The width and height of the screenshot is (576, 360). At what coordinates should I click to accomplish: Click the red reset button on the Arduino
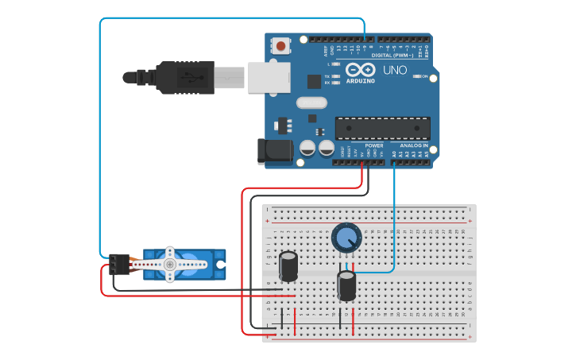281,46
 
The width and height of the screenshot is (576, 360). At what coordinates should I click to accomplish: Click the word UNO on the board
395,70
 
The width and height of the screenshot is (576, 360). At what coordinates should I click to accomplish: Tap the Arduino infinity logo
360,70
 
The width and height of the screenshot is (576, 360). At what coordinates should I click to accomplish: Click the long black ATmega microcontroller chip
382,128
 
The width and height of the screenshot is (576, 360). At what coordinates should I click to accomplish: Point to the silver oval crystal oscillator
311,103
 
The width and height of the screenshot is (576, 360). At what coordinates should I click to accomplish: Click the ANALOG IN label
413,146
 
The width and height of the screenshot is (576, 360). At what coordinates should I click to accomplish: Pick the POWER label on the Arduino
373,146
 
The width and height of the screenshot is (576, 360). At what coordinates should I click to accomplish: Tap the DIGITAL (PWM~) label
391,55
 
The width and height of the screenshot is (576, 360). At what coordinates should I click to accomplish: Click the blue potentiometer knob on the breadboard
346,237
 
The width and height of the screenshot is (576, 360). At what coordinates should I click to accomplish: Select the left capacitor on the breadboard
288,266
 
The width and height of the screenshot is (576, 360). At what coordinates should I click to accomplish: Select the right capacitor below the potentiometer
346,285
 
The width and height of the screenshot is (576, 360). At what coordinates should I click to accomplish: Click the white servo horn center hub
169,264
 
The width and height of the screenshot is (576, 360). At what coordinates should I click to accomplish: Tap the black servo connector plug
120,264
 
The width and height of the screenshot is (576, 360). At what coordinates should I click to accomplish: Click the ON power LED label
426,76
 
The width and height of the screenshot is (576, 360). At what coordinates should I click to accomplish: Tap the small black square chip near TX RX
314,81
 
